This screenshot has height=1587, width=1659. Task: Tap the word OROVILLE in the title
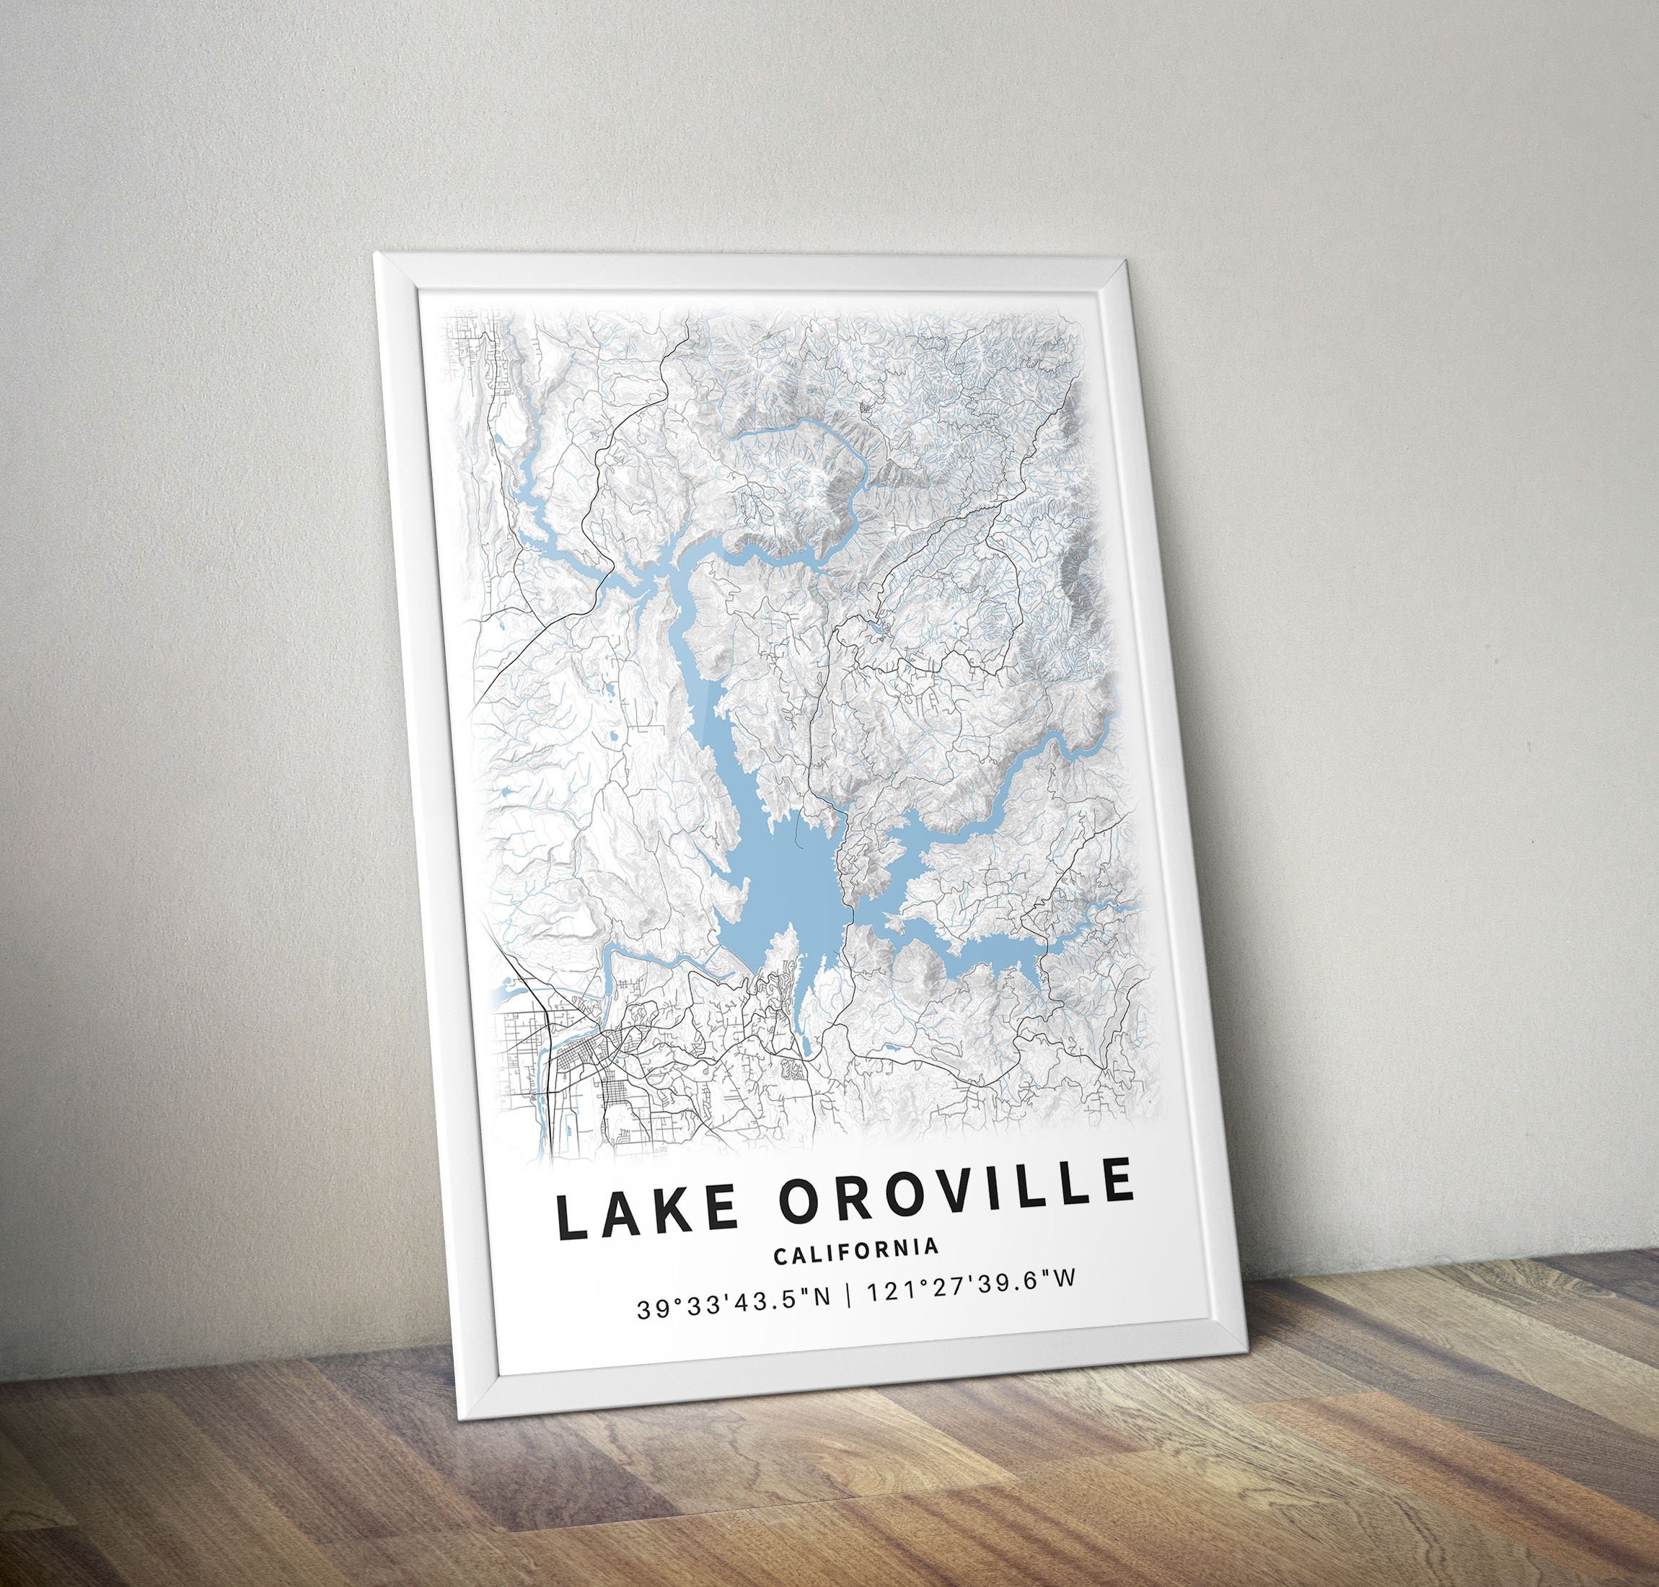(x=956, y=1184)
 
